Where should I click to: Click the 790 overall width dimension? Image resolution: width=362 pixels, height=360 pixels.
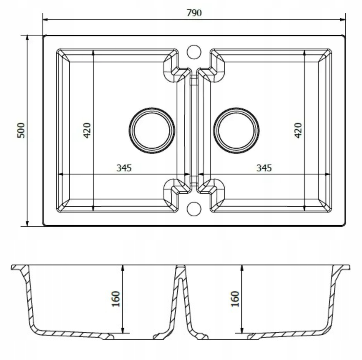coord(194,13)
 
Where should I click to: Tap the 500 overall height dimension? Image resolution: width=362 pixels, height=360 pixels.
coord(21,130)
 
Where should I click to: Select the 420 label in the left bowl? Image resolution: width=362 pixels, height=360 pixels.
coord(87,130)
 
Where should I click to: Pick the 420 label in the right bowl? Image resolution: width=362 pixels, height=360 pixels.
coord(298,130)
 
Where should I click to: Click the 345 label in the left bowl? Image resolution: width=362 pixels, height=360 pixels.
coord(124,168)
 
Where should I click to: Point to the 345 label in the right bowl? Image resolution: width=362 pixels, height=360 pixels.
coord(264,168)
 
